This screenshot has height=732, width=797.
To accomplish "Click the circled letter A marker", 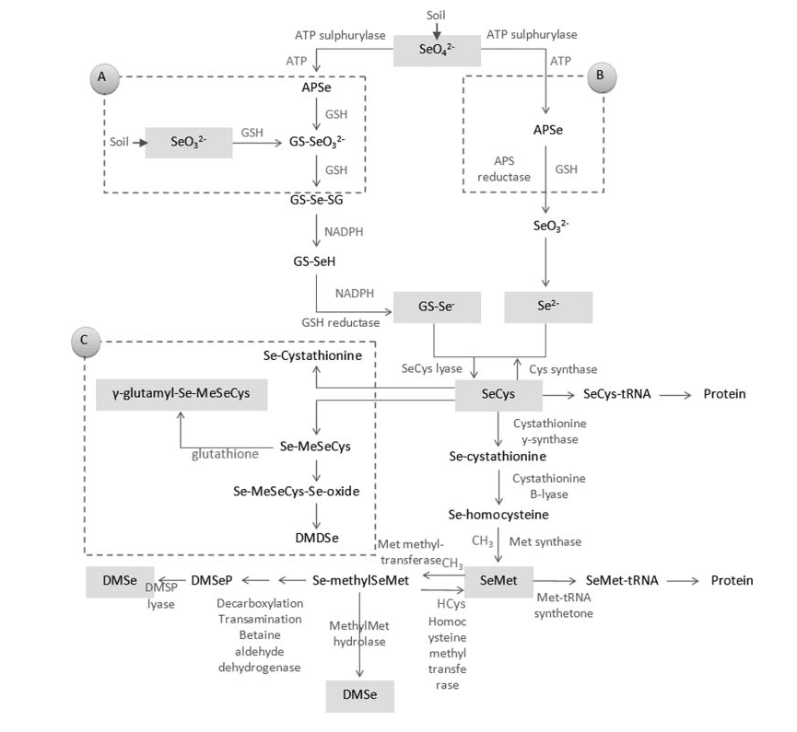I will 103,79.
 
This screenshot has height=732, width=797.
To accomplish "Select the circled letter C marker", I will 84,341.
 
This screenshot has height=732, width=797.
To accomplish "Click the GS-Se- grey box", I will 436,308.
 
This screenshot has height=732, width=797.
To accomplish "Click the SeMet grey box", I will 495,581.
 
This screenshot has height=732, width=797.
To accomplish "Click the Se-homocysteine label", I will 498,514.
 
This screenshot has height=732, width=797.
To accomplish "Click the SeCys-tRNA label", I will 617,395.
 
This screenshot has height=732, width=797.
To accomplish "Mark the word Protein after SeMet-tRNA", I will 732,580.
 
